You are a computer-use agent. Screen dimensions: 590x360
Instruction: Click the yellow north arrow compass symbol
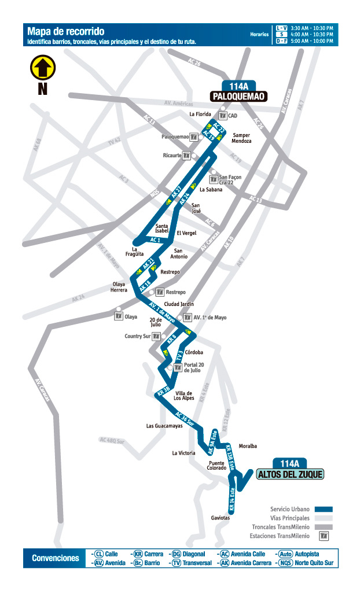(x=42, y=68)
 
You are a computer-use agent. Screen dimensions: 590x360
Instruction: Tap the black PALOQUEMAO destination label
(x=239, y=97)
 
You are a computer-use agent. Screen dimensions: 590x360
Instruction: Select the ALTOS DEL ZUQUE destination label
(x=289, y=474)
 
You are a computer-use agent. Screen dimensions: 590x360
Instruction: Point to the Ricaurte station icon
(x=186, y=156)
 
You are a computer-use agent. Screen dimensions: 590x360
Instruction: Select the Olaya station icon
(x=119, y=316)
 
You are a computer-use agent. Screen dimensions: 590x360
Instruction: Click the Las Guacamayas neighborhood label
(x=164, y=426)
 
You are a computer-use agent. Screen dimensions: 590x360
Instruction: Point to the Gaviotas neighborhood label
(x=221, y=518)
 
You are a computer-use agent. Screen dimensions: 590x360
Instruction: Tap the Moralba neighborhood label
(x=248, y=446)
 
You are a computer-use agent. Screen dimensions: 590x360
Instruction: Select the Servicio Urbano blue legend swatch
(x=324, y=509)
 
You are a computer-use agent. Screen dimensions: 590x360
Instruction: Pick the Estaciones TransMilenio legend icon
(x=324, y=536)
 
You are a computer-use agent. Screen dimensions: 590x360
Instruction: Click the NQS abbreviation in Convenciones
(x=285, y=563)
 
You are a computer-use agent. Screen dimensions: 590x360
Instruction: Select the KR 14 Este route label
(x=232, y=500)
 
